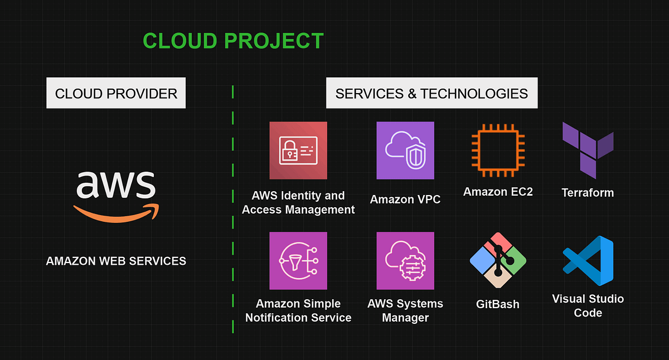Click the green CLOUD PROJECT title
click(233, 41)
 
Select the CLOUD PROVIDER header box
click(116, 93)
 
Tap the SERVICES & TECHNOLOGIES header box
click(432, 93)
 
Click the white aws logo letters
click(115, 184)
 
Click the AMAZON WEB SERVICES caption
click(116, 261)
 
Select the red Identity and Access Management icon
click(298, 150)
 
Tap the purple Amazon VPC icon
click(405, 150)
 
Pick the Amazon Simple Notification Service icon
click(298, 261)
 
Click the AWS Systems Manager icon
click(405, 261)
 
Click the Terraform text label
click(588, 193)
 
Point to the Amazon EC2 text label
click(498, 192)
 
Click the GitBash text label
click(498, 304)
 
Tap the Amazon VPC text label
click(405, 199)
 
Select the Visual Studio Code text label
click(588, 305)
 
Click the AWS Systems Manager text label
click(405, 310)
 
